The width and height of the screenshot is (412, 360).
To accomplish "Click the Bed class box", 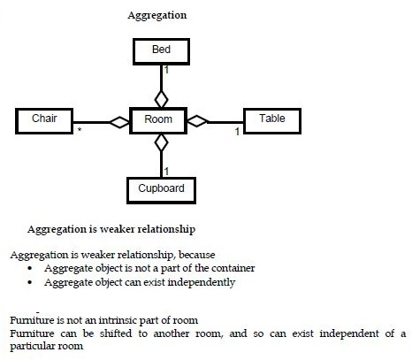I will [161, 50].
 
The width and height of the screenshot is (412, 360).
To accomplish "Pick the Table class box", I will [271, 119].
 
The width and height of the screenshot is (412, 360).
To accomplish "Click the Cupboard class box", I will [160, 189].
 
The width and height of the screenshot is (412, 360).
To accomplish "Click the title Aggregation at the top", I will [156, 16].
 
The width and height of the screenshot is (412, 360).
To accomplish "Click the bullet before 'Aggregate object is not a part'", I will [32, 267].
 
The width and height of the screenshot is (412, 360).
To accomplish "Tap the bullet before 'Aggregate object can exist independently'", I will [32, 282].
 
